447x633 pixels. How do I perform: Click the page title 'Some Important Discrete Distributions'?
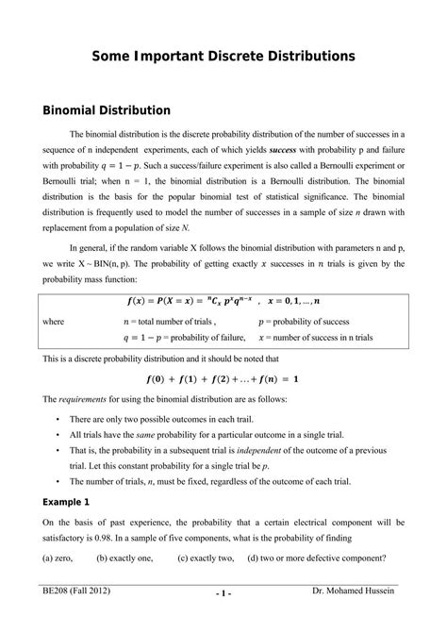[x=223, y=57]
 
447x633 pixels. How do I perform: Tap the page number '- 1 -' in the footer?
[x=223, y=621]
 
